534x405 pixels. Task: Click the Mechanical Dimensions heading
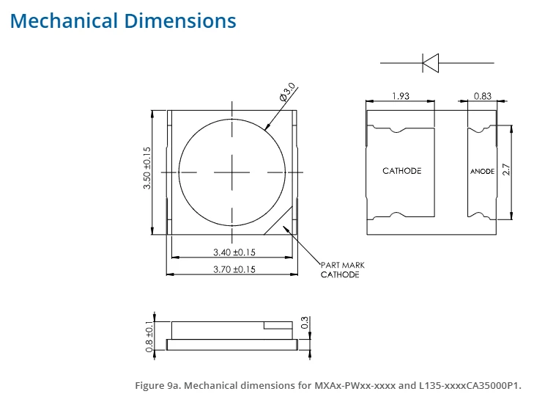click(123, 21)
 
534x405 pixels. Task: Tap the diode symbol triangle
click(431, 63)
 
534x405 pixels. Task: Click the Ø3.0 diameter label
click(287, 92)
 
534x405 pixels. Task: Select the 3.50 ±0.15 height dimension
click(147, 168)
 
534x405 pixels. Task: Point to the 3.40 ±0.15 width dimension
click(234, 252)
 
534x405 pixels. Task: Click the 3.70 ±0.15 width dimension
click(234, 269)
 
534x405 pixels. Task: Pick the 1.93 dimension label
click(401, 96)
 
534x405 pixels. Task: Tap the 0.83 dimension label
click(483, 96)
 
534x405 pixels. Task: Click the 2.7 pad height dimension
click(506, 169)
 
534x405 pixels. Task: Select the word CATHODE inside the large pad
click(402, 171)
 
